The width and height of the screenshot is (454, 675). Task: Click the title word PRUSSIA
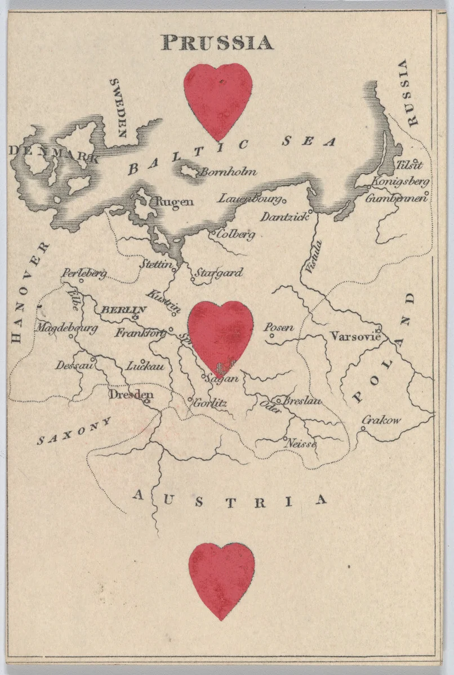coord(217,43)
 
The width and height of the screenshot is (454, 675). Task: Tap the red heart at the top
coord(218,98)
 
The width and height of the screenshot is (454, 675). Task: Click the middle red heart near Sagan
coord(220,335)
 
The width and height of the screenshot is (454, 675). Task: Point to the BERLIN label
coord(123,310)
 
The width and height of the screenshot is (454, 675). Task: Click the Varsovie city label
coord(355,337)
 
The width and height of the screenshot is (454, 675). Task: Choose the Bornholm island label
coord(228,172)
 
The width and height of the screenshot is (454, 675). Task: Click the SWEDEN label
coord(119,107)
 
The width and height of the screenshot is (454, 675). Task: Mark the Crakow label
coord(381,420)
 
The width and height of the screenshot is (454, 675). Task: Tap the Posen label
coord(279,327)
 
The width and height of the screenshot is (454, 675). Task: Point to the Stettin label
coord(156,263)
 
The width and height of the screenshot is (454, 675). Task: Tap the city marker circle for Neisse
coord(286,439)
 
